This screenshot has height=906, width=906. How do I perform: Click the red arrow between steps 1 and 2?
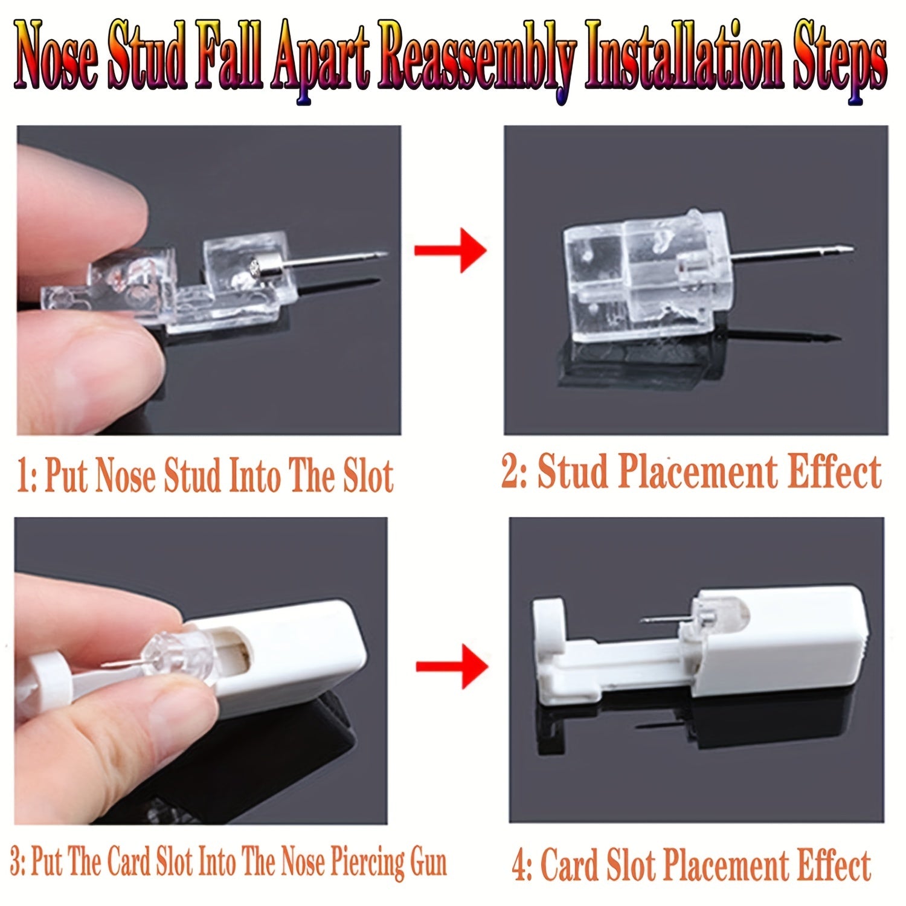450,249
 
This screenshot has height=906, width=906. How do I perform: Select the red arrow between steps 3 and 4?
452,666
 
